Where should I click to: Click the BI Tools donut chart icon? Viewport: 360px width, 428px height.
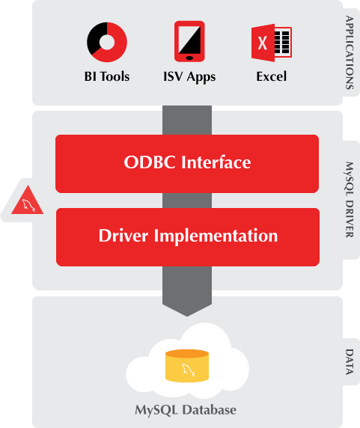tap(106, 43)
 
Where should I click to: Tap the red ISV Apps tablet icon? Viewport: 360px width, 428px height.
tap(189, 41)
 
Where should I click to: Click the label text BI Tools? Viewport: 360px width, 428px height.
tap(106, 76)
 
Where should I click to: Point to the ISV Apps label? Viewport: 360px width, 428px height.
tap(189, 76)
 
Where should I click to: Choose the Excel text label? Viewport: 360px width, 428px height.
tap(271, 76)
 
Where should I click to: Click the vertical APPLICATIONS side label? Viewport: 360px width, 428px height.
tap(350, 52)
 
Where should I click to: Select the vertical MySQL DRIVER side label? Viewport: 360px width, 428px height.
tap(350, 199)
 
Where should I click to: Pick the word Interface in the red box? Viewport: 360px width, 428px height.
tap(218, 162)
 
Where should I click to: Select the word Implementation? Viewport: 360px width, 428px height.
tap(218, 236)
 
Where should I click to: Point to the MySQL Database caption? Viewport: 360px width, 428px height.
tap(186, 410)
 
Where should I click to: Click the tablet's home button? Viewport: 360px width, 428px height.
tap(189, 57)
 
